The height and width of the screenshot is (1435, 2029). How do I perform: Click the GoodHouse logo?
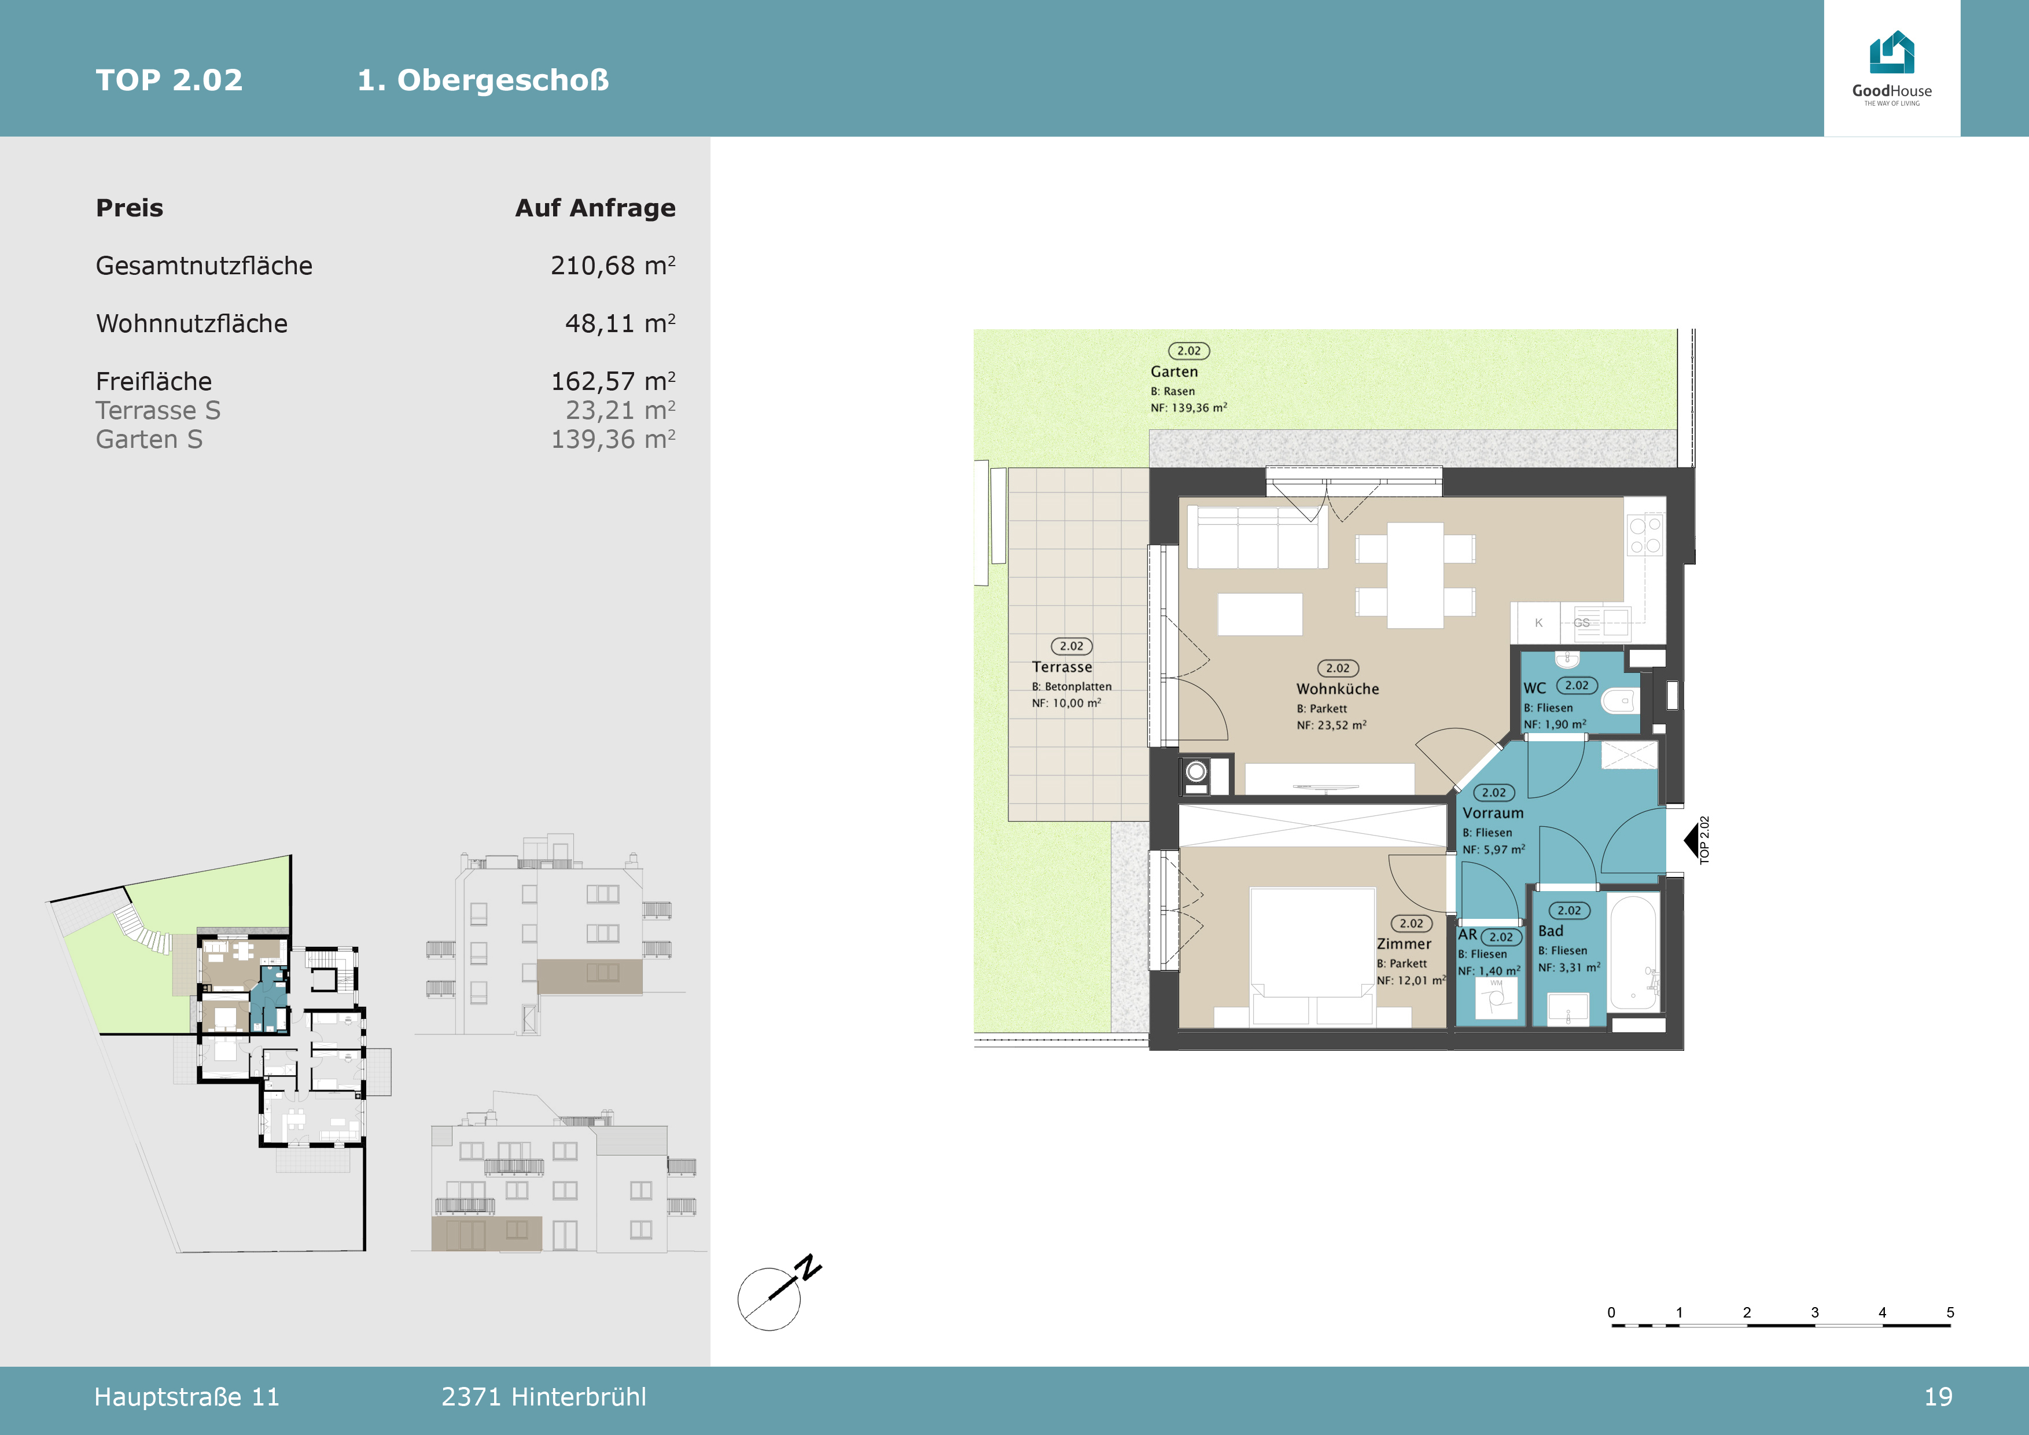point(1892,68)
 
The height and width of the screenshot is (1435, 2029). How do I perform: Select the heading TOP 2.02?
point(169,80)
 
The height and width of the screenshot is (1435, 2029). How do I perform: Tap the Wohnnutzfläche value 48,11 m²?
point(620,323)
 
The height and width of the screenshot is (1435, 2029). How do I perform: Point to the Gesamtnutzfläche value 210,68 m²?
point(613,265)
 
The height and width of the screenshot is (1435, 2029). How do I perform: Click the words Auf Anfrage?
point(595,208)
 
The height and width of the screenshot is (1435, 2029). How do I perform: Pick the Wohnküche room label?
point(1337,689)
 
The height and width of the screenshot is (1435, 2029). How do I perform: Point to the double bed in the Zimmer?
point(1312,957)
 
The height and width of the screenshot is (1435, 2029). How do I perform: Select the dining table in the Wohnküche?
point(1415,575)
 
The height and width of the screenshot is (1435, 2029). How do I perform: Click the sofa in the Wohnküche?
point(1257,537)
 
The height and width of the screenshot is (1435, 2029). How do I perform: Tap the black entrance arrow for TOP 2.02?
point(1691,840)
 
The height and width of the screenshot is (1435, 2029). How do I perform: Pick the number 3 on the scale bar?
point(1814,1312)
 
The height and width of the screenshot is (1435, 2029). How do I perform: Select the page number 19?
point(1938,1397)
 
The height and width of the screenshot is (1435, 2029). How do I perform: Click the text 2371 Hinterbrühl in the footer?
point(543,1397)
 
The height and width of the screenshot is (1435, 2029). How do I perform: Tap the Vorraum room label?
point(1493,813)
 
